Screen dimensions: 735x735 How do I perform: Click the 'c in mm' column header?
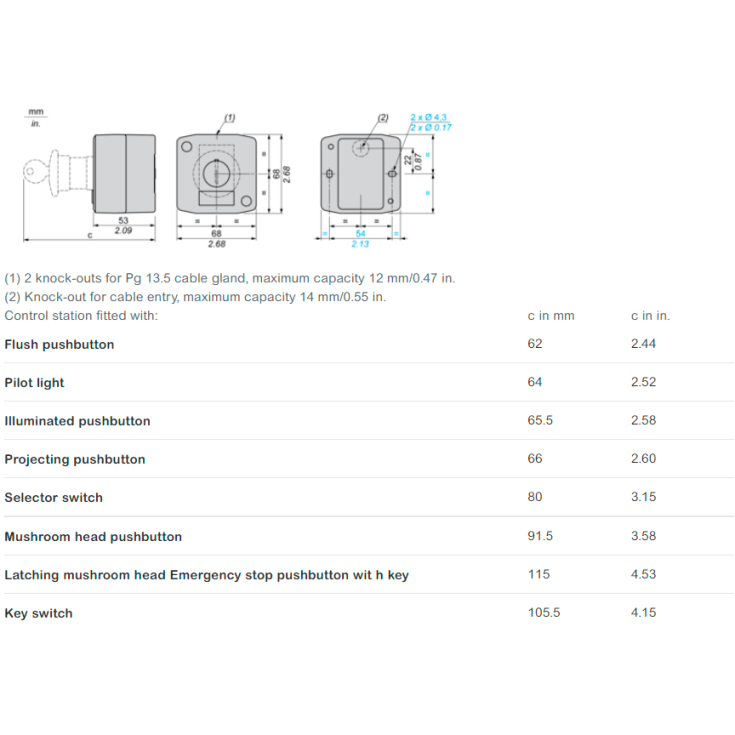pyautogui.click(x=551, y=316)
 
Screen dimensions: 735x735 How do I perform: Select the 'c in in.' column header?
pyautogui.click(x=650, y=316)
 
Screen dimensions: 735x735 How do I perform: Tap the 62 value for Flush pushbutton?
pyautogui.click(x=535, y=344)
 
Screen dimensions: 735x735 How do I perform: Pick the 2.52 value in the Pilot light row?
pyautogui.click(x=643, y=382)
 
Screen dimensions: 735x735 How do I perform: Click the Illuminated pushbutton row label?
pyautogui.click(x=77, y=421)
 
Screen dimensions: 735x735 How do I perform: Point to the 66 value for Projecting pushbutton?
pyautogui.click(x=535, y=458)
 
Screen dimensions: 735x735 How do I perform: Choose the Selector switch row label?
pyautogui.click(x=53, y=497)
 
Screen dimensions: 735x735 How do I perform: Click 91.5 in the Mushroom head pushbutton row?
pyautogui.click(x=540, y=536)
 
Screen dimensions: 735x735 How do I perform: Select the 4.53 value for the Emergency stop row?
pyautogui.click(x=643, y=574)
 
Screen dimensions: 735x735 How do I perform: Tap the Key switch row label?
pyautogui.click(x=38, y=613)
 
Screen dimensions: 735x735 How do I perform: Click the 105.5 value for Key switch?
pyautogui.click(x=544, y=613)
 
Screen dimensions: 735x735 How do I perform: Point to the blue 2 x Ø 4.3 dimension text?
pyautogui.click(x=428, y=117)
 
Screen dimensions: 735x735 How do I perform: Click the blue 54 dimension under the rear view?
pyautogui.click(x=360, y=233)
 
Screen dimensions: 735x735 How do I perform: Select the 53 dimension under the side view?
pyautogui.click(x=123, y=220)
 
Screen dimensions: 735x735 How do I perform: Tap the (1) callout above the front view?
pyautogui.click(x=229, y=118)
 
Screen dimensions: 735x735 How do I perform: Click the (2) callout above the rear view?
pyautogui.click(x=383, y=118)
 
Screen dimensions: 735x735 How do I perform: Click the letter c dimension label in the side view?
pyautogui.click(x=90, y=235)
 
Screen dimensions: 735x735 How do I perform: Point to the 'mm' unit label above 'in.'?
pyautogui.click(x=36, y=112)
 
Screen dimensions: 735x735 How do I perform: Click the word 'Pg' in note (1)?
pyautogui.click(x=133, y=278)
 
